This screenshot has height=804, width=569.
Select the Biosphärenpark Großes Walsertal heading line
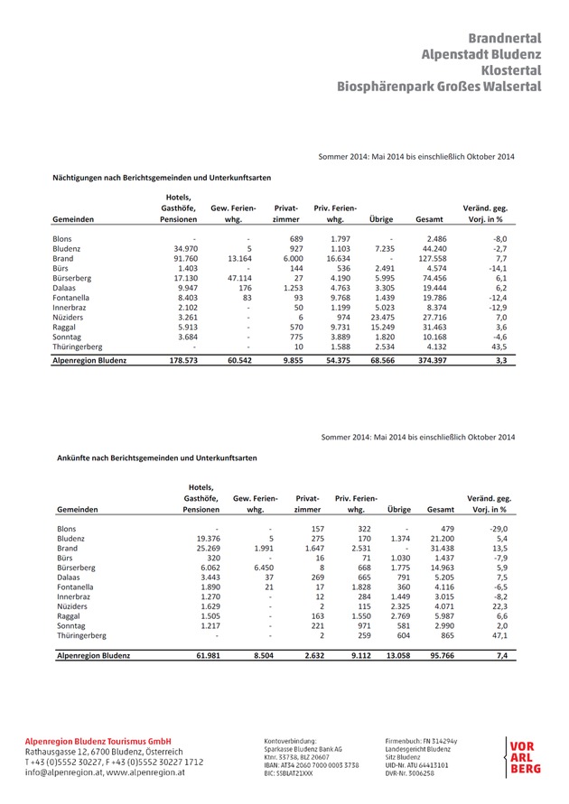coord(439,87)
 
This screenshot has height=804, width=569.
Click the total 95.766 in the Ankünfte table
coord(438,656)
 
